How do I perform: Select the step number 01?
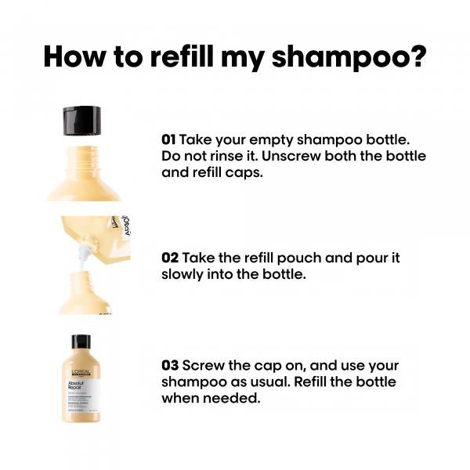[x=168, y=139]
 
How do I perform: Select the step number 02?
[x=170, y=258]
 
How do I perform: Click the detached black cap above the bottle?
[x=82, y=120]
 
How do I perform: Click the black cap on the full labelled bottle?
[x=81, y=342]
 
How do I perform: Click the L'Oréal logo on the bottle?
[x=81, y=372]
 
